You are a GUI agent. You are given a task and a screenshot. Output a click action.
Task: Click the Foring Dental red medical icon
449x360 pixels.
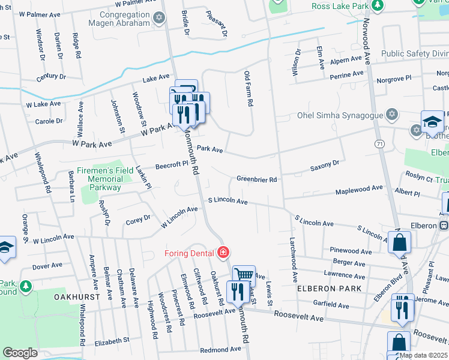pyautogui.click(x=223, y=253)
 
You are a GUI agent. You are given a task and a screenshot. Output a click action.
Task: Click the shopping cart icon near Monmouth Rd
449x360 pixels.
pyautogui.click(x=244, y=275)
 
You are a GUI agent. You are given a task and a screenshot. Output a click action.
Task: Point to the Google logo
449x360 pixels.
pyautogui.click(x=20, y=353)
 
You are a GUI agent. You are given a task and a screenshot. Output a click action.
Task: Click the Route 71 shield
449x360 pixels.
pyautogui.click(x=379, y=145)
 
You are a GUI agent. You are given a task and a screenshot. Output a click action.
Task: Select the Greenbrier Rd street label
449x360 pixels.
pyautogui.click(x=256, y=179)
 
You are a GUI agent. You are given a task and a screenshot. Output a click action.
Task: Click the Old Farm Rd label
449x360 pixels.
pyautogui.click(x=248, y=89)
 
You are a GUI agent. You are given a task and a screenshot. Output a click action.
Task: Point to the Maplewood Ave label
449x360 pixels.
pyautogui.click(x=359, y=188)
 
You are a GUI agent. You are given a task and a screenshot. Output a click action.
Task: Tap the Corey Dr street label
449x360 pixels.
pyautogui.click(x=137, y=221)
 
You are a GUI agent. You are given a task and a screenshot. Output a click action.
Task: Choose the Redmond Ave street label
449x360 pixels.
pyautogui.click(x=220, y=350)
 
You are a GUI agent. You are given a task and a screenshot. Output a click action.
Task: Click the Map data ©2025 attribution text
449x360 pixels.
pyautogui.click(x=424, y=355)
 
